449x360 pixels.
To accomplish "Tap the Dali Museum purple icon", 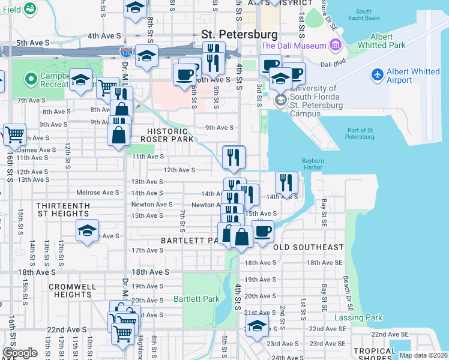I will [x=335, y=46].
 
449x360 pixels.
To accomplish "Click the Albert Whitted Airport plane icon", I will [x=377, y=74].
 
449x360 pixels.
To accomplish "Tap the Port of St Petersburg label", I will [x=360, y=133].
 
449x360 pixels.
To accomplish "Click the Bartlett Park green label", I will [x=193, y=299].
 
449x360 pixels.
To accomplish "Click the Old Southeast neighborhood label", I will [x=309, y=247].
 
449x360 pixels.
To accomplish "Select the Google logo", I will [x=19, y=353].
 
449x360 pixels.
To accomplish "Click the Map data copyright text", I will [x=423, y=355].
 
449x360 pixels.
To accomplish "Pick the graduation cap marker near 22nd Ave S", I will [x=257, y=326].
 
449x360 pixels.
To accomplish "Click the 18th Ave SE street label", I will [x=324, y=263].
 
